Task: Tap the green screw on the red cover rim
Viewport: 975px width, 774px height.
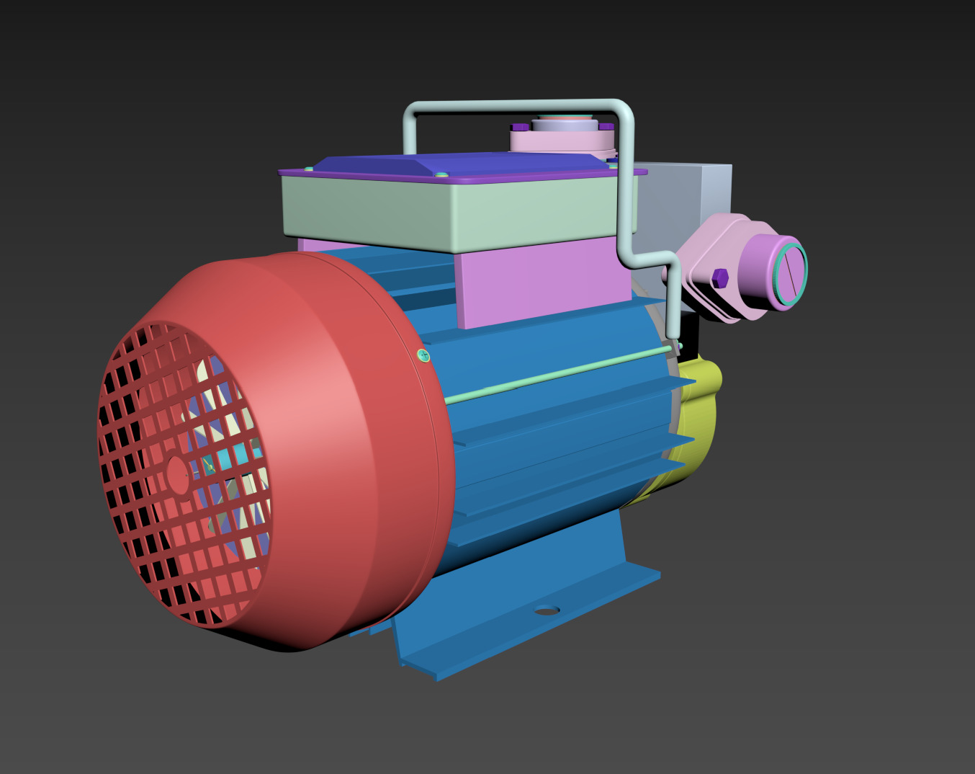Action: click(423, 355)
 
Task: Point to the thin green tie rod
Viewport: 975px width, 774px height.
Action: click(562, 373)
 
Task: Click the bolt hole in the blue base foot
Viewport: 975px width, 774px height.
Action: click(547, 610)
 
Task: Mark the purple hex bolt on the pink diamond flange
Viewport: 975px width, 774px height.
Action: click(720, 277)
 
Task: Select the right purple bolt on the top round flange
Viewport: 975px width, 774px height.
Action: click(606, 127)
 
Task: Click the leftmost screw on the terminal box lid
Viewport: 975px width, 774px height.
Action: click(309, 169)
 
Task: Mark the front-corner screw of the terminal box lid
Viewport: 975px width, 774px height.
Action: click(441, 174)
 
